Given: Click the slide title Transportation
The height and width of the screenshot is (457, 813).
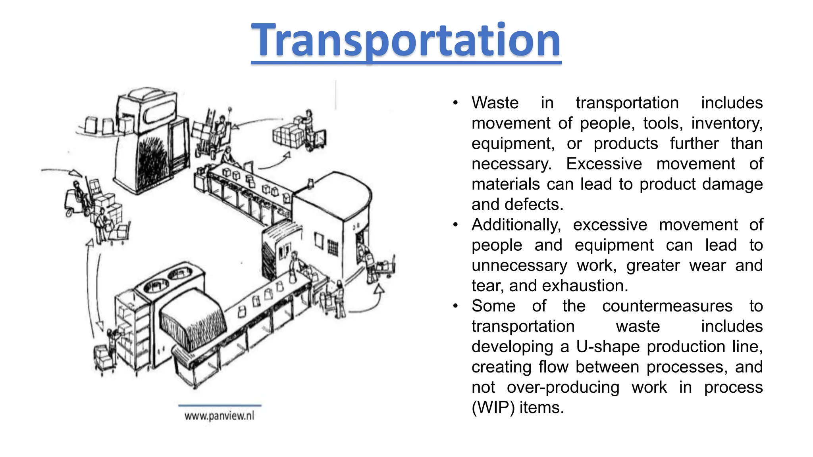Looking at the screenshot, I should (x=406, y=40).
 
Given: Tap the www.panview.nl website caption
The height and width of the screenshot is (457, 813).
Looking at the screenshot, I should (x=219, y=416).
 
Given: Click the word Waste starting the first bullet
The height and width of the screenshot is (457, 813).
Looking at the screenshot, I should (x=495, y=103).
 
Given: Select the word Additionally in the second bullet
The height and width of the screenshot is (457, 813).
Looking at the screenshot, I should (x=516, y=225).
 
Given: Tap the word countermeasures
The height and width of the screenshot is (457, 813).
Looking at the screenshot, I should (x=667, y=306).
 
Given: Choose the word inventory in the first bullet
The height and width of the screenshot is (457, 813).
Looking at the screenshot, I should (x=726, y=123).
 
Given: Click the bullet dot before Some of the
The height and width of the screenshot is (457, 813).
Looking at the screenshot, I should (x=456, y=306).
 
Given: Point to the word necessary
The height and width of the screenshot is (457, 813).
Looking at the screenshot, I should (x=511, y=164).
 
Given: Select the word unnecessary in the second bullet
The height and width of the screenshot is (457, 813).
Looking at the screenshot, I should (x=519, y=265).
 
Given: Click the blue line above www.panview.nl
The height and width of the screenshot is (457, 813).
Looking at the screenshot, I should (x=220, y=405).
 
